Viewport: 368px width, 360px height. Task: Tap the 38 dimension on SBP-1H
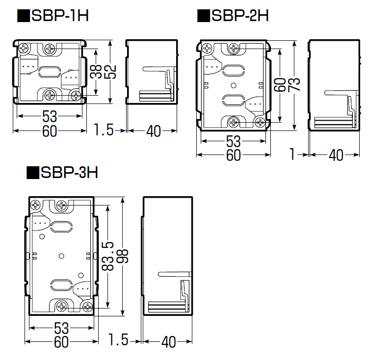[x=96, y=72]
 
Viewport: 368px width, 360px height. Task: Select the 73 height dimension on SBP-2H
[x=294, y=84]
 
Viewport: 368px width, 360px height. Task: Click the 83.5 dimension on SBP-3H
[x=108, y=256]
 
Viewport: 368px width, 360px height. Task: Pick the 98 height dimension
[x=122, y=256]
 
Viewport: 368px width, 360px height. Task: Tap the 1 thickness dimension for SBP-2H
[x=292, y=154]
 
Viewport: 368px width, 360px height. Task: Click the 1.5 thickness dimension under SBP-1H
[x=104, y=129]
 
